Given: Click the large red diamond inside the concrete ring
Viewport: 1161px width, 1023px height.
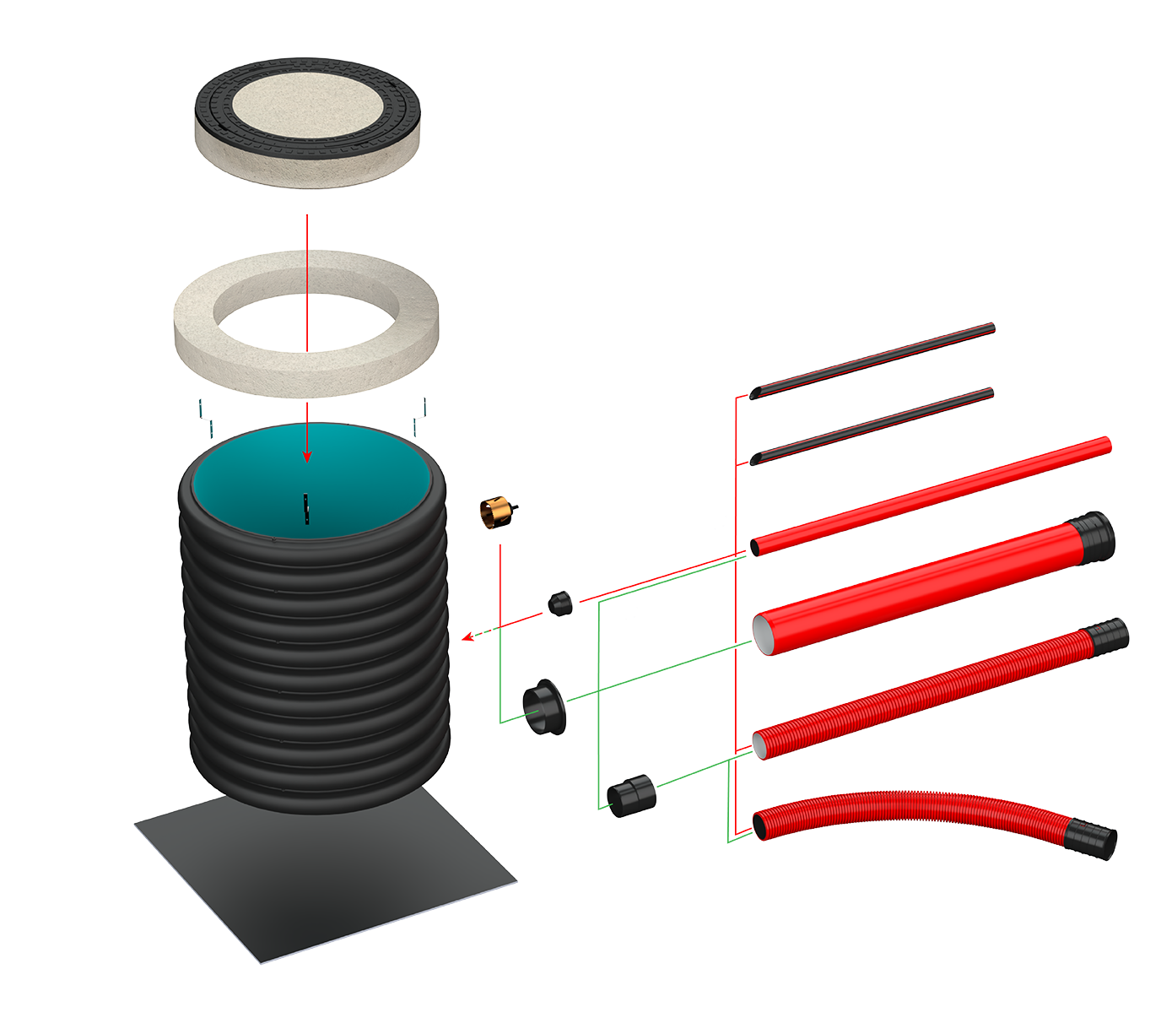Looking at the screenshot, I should [307, 322].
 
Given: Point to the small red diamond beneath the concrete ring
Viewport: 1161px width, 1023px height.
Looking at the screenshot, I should [308, 411].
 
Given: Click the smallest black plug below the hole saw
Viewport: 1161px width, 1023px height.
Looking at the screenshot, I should [559, 604].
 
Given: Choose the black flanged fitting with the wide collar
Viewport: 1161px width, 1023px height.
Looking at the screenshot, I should [544, 707].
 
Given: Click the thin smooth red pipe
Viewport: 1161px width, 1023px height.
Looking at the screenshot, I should [928, 494].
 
